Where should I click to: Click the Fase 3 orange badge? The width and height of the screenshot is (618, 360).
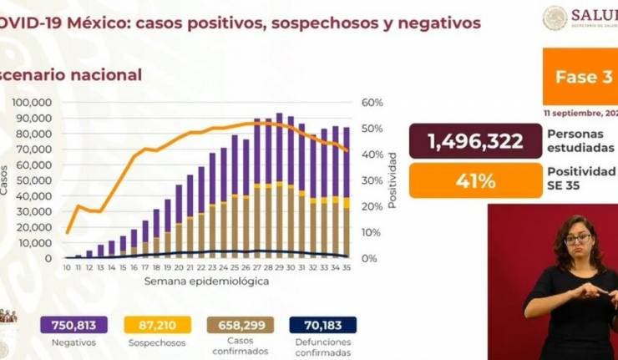pos(580,77)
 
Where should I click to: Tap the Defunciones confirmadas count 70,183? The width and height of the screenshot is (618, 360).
pos(323,324)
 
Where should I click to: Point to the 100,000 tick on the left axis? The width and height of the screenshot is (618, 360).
pos(33,102)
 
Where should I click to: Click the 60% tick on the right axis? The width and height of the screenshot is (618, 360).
pos(372,102)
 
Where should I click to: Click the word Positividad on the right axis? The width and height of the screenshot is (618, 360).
pos(392,180)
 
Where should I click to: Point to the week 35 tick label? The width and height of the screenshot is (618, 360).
pos(346,267)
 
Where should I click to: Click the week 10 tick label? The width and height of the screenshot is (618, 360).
pos(67,267)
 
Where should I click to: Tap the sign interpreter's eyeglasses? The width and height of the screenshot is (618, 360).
pos(577,240)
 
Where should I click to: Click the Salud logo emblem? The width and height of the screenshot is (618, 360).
pos(555,18)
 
